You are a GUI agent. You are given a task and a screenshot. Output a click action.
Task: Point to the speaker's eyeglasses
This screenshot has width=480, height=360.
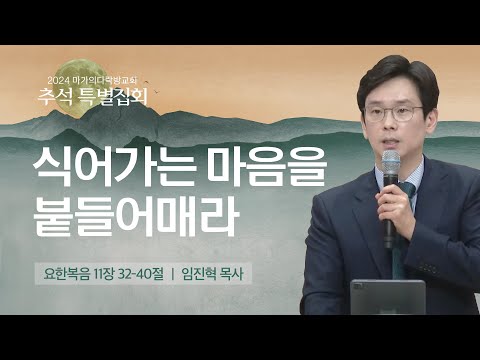coord(393,111)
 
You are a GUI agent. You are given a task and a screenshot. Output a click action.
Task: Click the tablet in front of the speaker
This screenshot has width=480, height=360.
coord(385,296)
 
